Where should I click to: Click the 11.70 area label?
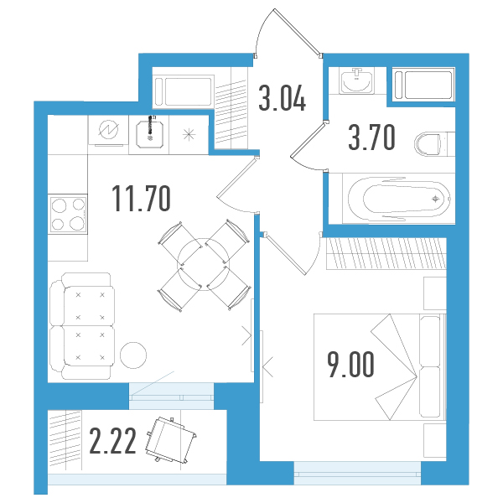141,199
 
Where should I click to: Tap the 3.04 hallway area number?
283,98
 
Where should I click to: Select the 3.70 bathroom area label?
371,137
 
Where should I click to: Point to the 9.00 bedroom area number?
350,364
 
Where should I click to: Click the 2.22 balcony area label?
112,441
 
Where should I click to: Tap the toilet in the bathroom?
434,144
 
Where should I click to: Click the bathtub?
400,199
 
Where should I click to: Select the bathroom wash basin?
357,80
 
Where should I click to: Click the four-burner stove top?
68,214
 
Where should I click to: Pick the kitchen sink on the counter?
149,135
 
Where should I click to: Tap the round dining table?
203,265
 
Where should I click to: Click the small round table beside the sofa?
133,355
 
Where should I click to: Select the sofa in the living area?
82,326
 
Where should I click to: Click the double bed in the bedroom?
380,366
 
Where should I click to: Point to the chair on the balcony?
171,439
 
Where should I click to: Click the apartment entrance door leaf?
297,32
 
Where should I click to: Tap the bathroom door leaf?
308,139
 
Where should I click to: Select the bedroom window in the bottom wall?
357,473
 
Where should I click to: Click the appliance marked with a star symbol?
189,134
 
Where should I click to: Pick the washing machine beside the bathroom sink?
423,85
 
